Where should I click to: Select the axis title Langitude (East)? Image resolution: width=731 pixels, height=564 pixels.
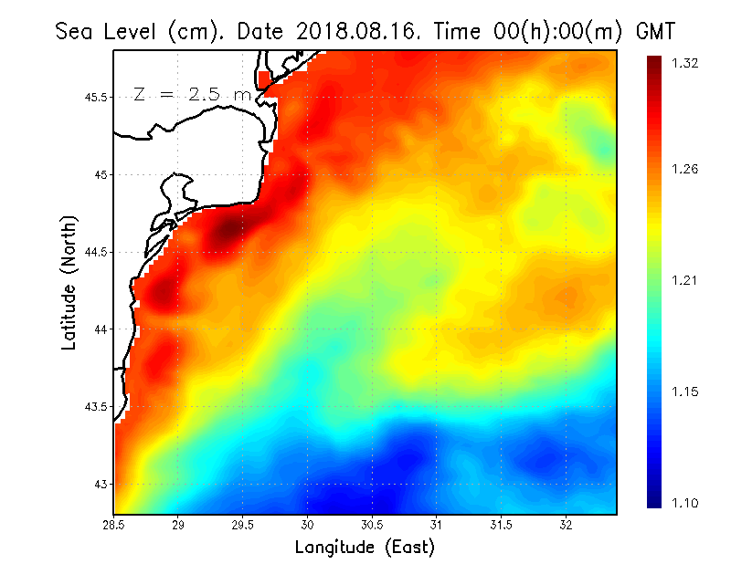365,548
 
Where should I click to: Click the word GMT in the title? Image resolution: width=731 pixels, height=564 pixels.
656,31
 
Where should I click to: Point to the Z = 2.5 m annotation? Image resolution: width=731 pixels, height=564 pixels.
192,94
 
